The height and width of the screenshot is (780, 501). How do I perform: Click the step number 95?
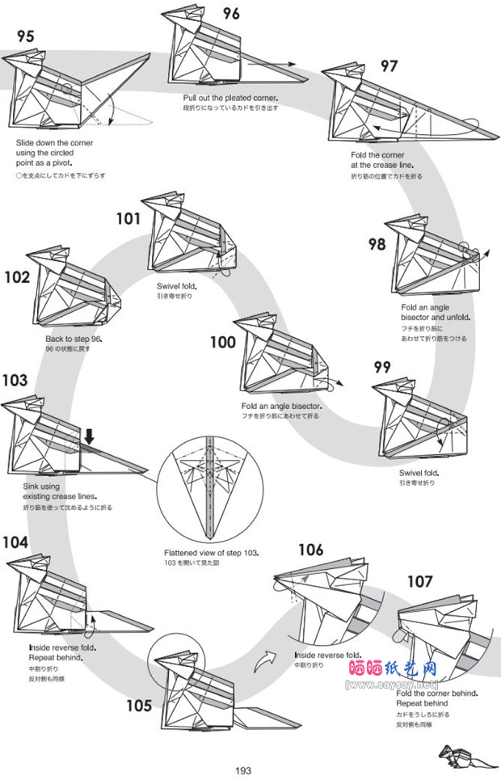(26, 36)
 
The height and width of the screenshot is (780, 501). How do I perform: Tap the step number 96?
(231, 13)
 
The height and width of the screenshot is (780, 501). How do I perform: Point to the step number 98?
(377, 244)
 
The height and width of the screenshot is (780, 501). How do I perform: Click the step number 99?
(384, 367)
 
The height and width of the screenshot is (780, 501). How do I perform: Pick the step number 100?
(222, 343)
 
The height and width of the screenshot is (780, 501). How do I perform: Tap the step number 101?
(128, 218)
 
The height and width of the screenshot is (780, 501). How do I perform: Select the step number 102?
(17, 277)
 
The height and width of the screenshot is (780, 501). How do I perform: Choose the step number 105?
(138, 706)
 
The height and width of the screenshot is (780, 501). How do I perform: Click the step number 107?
(419, 581)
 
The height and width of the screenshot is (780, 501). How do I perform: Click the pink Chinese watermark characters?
(393, 669)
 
